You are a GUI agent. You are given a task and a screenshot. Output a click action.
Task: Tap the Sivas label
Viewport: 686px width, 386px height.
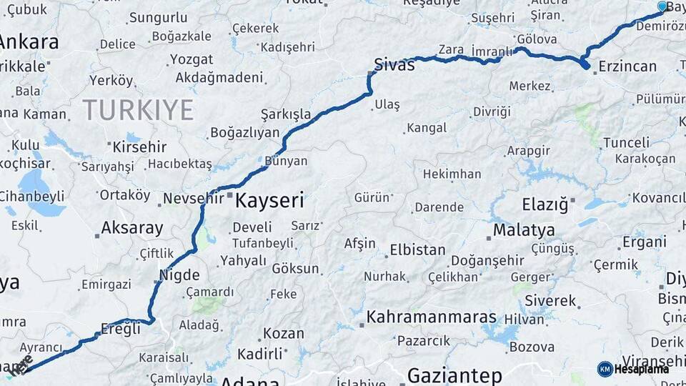coord(394,65)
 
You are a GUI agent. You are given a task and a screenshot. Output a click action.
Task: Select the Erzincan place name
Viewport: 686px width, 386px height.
coord(627,66)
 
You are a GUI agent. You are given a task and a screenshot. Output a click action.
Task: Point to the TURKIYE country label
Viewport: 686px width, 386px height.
coord(138,110)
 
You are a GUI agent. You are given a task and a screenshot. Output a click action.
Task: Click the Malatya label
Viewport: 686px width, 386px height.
coord(524,230)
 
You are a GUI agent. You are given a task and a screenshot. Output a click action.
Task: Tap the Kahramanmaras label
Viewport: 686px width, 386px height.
coord(431,317)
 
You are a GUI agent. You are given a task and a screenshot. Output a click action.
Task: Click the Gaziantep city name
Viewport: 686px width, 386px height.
coord(454,375)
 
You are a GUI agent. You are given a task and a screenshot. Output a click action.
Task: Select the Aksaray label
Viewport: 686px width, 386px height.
coord(131,228)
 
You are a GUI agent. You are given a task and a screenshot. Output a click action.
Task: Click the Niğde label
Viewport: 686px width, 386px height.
coord(182,274)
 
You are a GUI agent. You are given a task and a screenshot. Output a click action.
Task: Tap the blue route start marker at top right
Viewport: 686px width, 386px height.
coord(662,7)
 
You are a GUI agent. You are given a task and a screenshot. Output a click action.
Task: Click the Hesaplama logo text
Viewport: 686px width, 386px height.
coord(641,369)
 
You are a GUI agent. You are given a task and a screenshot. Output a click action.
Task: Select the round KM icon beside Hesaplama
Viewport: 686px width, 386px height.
coord(605,369)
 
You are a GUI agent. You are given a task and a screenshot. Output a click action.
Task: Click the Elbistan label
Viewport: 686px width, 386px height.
coord(417,251)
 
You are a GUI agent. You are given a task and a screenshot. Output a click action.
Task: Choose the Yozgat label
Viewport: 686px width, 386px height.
coord(192,59)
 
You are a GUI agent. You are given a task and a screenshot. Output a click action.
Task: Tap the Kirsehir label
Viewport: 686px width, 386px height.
coord(139,147)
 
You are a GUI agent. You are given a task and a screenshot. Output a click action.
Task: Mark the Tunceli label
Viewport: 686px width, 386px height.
coord(626,142)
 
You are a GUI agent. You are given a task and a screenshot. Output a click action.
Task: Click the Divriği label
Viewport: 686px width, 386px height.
coord(492,112)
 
